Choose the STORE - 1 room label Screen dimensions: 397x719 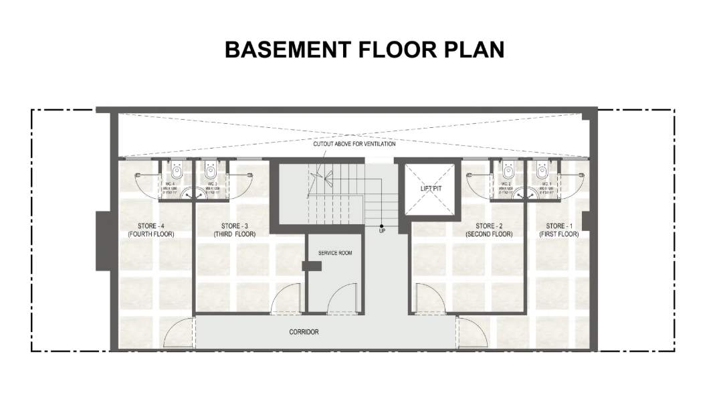(559, 226)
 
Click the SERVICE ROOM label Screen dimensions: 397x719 (335, 253)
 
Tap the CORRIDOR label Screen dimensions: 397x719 (304, 332)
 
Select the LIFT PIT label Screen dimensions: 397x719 (431, 189)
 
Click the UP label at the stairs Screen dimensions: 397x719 (382, 231)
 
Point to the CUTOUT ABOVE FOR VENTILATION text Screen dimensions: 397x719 (354, 144)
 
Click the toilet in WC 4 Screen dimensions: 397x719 (176, 168)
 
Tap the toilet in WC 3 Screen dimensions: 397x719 (211, 168)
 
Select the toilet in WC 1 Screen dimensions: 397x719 (542, 168)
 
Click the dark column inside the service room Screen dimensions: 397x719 (311, 266)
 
